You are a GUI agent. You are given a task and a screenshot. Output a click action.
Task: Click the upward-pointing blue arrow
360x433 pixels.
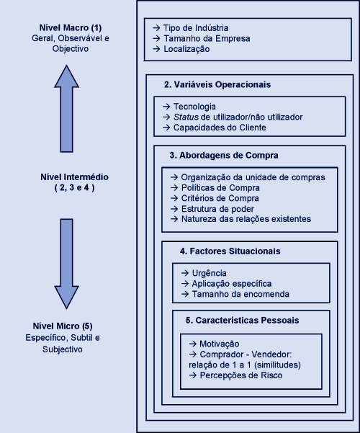(x=66, y=109)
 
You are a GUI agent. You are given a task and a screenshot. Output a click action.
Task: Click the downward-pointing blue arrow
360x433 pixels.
(x=66, y=264)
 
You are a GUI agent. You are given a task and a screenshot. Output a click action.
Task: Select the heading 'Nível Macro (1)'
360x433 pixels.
(x=71, y=27)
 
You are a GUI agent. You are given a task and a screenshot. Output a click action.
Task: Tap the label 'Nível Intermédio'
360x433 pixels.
(x=75, y=177)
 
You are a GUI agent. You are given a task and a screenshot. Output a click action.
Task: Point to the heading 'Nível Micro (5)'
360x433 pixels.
(x=63, y=326)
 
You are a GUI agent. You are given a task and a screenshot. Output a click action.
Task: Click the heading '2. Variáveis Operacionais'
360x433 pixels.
(x=217, y=84)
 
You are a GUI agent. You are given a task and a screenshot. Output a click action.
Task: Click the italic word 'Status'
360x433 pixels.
(x=186, y=117)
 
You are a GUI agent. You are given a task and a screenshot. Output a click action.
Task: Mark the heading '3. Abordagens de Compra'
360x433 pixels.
(x=224, y=156)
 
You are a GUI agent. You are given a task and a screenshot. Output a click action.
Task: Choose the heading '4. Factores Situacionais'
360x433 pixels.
(x=230, y=251)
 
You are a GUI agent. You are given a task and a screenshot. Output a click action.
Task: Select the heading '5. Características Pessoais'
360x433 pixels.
(x=242, y=321)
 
